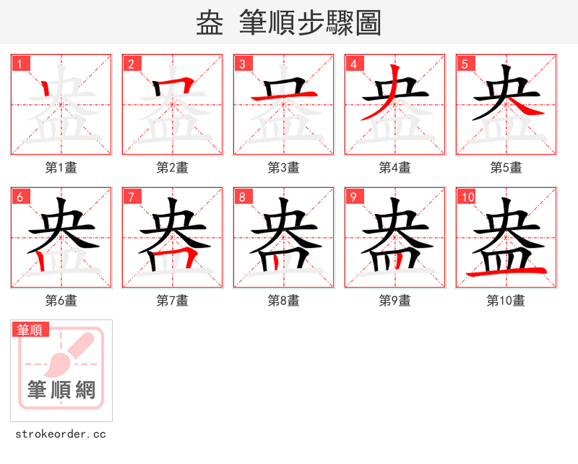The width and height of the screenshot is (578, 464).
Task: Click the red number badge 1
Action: click(20, 64)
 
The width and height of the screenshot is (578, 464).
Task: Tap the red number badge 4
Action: click(354, 64)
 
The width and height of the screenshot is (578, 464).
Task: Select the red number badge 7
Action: click(131, 197)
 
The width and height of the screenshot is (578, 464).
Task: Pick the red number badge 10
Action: click(468, 197)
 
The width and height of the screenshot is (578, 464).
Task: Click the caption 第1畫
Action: click(61, 168)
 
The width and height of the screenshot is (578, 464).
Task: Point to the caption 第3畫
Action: click(284, 168)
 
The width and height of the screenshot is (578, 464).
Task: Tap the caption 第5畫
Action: click(506, 168)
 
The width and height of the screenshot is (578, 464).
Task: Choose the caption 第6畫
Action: click(61, 301)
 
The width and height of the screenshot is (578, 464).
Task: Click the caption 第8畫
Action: click(284, 301)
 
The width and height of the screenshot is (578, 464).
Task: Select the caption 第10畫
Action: click(506, 301)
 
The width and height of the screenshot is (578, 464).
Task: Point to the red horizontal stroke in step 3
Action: click(284, 96)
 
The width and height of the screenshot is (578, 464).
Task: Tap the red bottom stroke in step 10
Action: click(506, 272)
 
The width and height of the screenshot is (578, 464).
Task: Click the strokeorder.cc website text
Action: click(61, 434)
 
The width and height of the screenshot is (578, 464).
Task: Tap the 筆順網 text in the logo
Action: click(61, 390)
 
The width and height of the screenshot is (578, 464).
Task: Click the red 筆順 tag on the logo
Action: click(30, 330)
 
